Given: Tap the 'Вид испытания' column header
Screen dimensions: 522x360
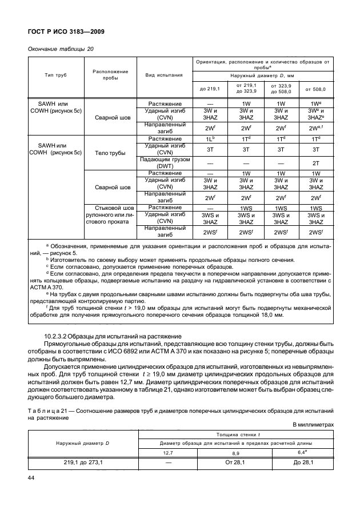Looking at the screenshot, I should click(x=164, y=75).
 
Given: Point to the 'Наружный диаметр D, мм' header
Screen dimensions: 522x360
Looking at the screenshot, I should click(x=262, y=75).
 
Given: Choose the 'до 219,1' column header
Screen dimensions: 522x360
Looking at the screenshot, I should click(x=210, y=89).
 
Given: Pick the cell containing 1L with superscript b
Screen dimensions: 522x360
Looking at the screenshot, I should click(x=210, y=139).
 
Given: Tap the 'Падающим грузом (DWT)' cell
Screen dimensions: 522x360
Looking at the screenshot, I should click(x=164, y=163).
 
